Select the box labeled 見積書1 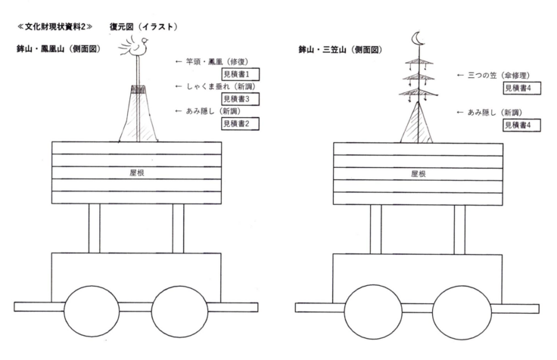click(x=239, y=73)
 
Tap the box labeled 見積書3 click(x=239, y=98)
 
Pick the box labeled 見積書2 click(x=239, y=123)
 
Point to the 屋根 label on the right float click(x=419, y=173)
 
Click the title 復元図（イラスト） click(x=143, y=27)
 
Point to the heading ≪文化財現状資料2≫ click(x=53, y=27)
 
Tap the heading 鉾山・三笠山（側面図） click(x=340, y=49)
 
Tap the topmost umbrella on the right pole click(x=414, y=61)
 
